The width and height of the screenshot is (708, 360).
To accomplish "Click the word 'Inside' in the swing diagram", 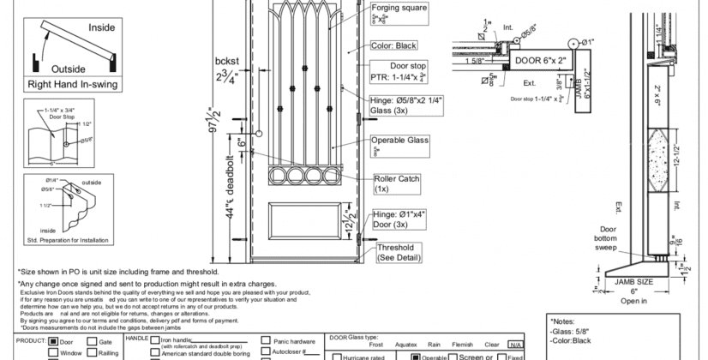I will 101,27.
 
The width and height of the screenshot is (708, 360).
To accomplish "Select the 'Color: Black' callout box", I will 393,45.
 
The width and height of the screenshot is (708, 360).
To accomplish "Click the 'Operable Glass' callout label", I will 399,140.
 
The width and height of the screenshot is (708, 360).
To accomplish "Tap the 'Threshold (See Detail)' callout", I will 399,252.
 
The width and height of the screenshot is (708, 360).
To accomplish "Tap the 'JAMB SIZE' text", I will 633,281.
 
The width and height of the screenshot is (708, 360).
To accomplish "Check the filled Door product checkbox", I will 54,341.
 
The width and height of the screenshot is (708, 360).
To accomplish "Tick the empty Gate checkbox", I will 93,341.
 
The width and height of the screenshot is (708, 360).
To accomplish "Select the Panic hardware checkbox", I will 266,340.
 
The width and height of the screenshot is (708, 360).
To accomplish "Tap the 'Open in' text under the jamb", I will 634,301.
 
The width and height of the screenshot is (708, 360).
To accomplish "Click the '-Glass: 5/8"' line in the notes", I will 570,330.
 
